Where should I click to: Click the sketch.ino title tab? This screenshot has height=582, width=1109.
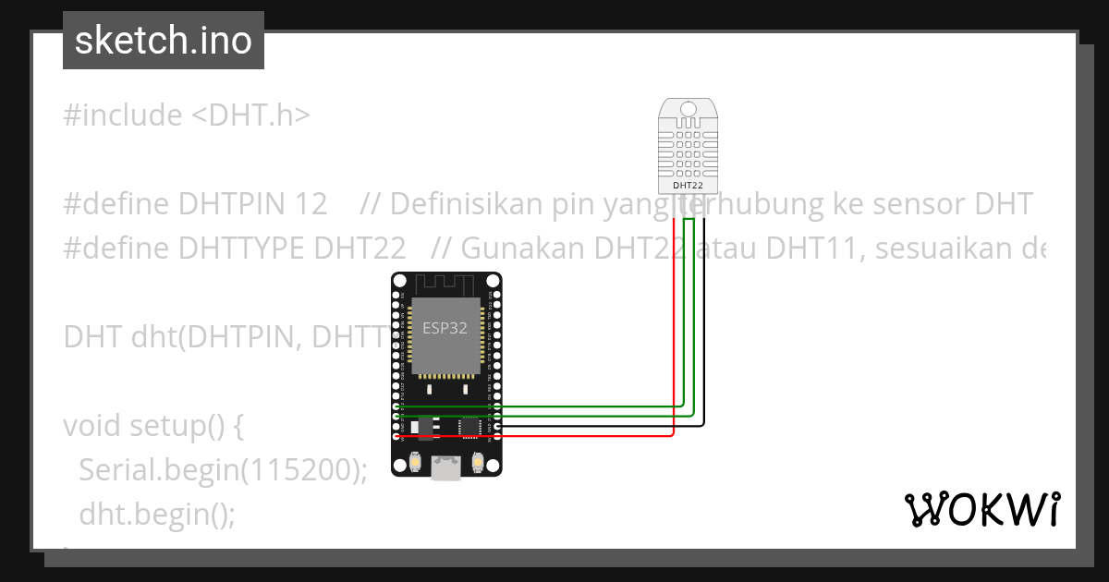tap(164, 41)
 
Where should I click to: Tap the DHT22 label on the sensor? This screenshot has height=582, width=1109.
tap(688, 185)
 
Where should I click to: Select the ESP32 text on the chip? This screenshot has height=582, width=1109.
tap(445, 328)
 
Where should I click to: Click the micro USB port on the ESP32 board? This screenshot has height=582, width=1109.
tap(446, 468)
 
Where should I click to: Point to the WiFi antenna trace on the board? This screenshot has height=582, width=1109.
tap(445, 284)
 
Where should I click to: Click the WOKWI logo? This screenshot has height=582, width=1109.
tap(982, 509)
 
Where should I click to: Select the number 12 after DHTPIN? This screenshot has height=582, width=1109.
tap(311, 204)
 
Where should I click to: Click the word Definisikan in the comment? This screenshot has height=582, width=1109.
tap(467, 204)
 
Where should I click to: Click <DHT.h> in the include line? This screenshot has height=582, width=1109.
tap(251, 115)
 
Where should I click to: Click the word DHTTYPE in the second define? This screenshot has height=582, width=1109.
tap(241, 249)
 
